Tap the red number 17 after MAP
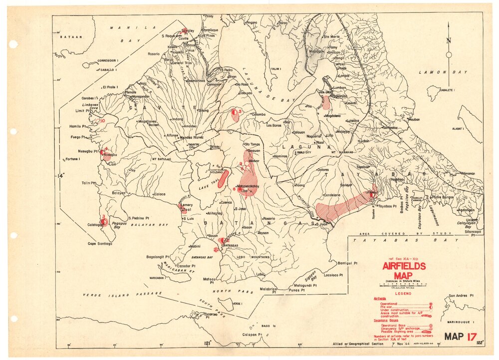pyautogui.click(x=471, y=337)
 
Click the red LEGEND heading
pyautogui.click(x=403, y=294)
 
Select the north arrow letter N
pyautogui.click(x=449, y=41)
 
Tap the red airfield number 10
pyautogui.click(x=103, y=121)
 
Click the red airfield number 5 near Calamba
pyautogui.click(x=240, y=111)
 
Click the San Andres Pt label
pyautogui.click(x=460, y=296)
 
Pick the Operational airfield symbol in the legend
pyautogui.click(x=429, y=304)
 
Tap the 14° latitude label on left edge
pyautogui.click(x=61, y=176)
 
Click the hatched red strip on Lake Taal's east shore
pyautogui.click(x=224, y=179)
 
